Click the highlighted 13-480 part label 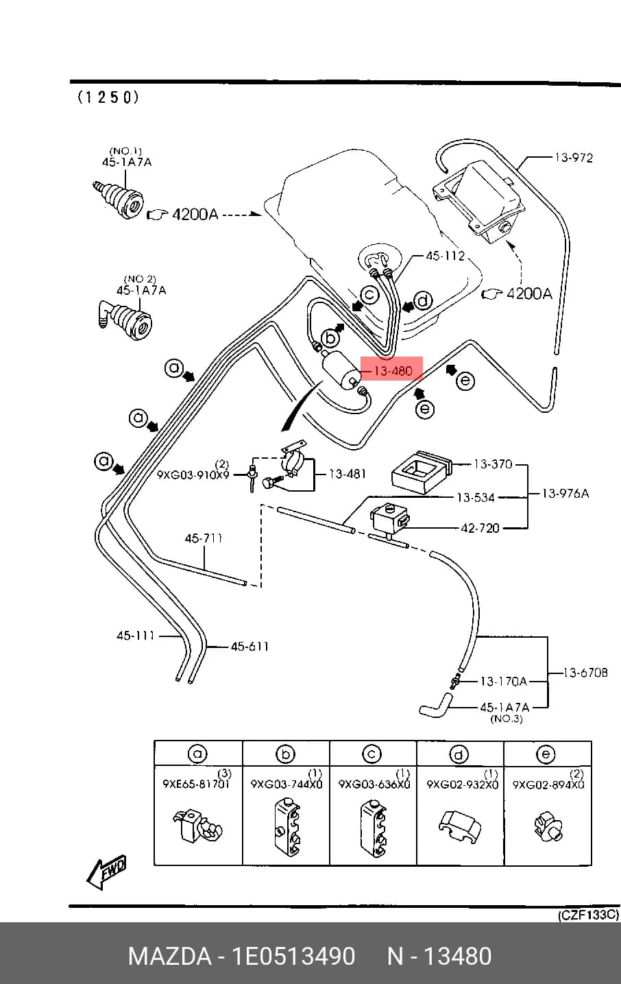391,371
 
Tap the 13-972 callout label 574,157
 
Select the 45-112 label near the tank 445,256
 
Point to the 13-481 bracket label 347,474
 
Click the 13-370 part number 493,464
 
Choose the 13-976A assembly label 565,493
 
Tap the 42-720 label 480,527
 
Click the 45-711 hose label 204,538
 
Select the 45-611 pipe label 249,646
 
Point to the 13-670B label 585,672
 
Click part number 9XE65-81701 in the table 196,784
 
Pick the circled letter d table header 459,754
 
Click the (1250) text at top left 108,97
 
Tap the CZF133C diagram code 588,915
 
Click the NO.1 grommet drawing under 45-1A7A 119,199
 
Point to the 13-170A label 503,682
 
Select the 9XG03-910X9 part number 193,475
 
